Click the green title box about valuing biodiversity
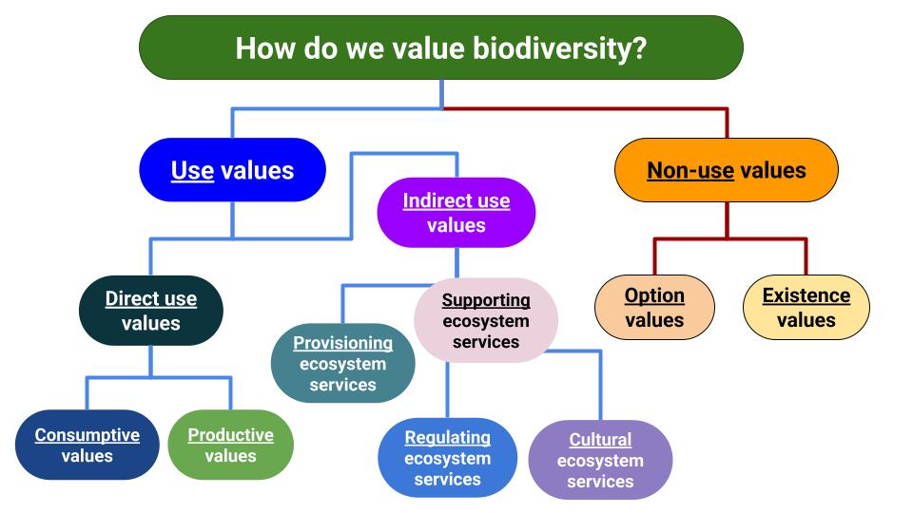[x=441, y=47]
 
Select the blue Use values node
[x=232, y=170]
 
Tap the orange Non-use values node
[x=727, y=170]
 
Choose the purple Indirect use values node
[x=456, y=212]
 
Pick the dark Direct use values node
[x=151, y=311]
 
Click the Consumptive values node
[x=87, y=445]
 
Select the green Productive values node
[x=230, y=445]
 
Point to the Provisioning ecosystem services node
[x=343, y=364]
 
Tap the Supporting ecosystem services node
[x=486, y=320]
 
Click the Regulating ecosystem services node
[x=448, y=458]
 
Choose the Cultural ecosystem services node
[x=600, y=460]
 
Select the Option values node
[x=654, y=307]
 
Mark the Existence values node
[x=806, y=307]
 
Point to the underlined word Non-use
[x=690, y=170]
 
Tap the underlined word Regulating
[x=448, y=437]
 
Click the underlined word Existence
[x=806, y=295]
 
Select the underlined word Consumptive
[x=87, y=435]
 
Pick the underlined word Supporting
[x=486, y=300]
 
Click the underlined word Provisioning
[x=343, y=343]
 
